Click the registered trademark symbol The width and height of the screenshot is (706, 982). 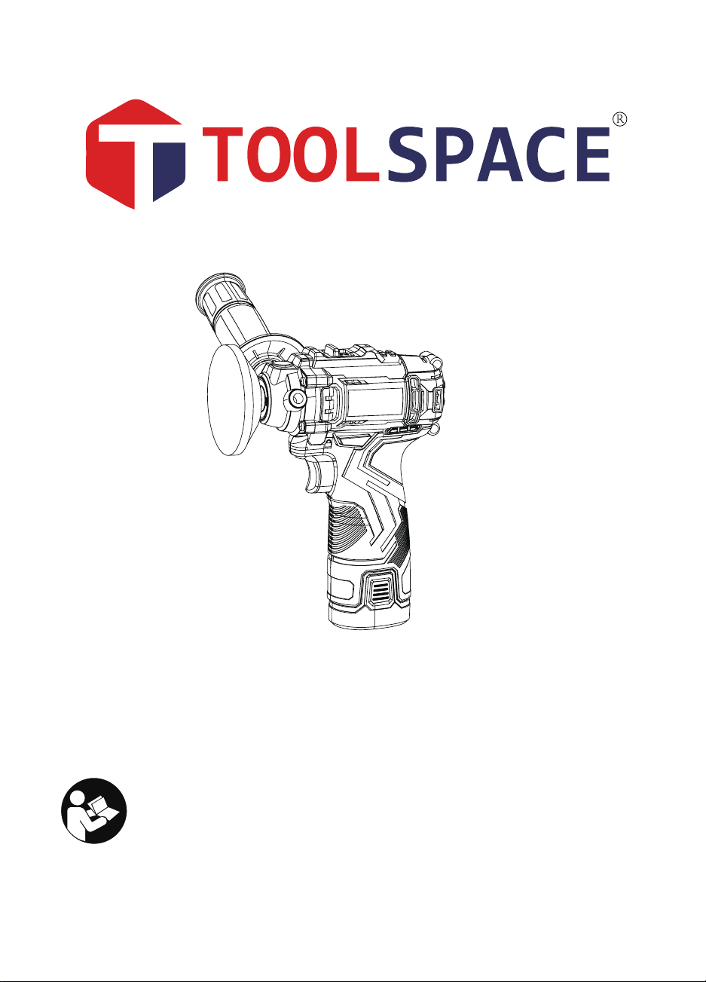coord(619,120)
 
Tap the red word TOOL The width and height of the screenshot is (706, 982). coord(290,154)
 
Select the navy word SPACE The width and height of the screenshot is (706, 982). coord(498,154)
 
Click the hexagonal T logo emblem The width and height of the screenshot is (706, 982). coord(136,154)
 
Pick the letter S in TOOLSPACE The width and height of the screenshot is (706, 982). coord(407,154)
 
